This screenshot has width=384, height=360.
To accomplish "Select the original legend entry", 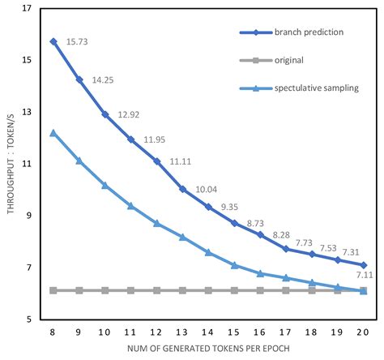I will coord(290,60).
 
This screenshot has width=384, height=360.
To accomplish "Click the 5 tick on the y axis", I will coord(31,319).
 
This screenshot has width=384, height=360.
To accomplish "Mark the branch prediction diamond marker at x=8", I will coord(53,41).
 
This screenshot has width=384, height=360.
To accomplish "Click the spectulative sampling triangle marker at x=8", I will coord(53,132).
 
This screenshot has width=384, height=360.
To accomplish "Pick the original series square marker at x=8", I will coord(53,290).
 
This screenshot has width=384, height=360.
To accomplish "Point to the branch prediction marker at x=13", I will coord(182,189).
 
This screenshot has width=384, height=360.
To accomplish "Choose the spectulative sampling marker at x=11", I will coord(130,206).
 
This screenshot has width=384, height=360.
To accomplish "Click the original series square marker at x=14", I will coord(208,290).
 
